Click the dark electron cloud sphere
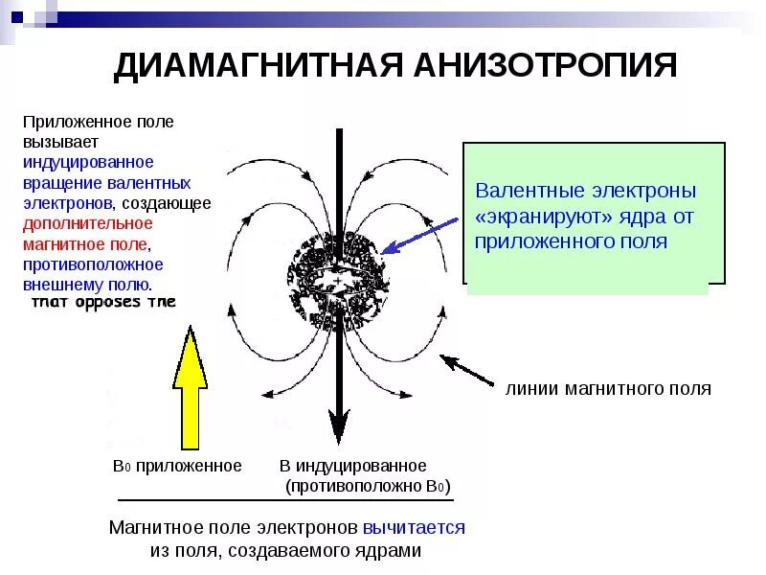(339, 273)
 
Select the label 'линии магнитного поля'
(608, 389)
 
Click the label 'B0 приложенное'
(177, 466)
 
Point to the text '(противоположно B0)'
(368, 486)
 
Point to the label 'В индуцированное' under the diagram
(353, 466)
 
